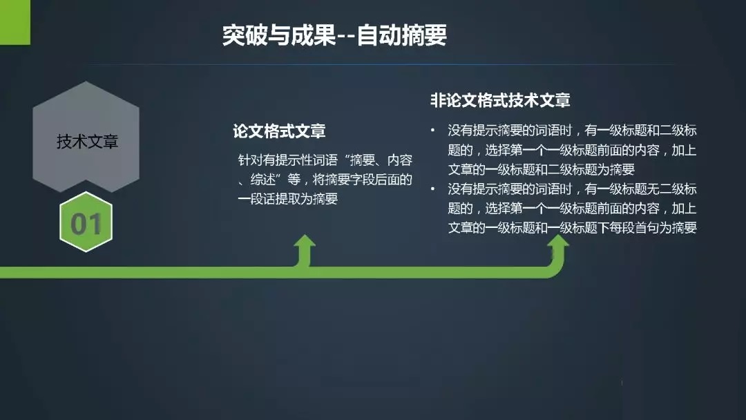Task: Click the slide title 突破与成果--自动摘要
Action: point(334,35)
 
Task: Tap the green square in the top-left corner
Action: point(15,22)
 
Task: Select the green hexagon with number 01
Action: point(86,222)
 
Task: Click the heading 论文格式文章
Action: point(279,131)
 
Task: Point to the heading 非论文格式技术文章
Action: point(500,100)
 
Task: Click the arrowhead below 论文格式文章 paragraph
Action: point(305,242)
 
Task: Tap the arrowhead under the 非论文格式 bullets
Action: point(557,242)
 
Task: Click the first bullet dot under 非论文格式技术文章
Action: point(432,129)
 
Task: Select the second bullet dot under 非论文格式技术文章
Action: point(432,189)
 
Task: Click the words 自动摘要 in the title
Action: point(402,35)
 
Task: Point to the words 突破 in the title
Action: point(245,35)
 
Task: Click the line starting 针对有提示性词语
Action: point(325,160)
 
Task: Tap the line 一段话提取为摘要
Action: point(288,199)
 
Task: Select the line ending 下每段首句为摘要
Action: point(573,228)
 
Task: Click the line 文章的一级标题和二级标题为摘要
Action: point(542,169)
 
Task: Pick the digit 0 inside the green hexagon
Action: point(79,224)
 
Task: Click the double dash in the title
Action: point(346,36)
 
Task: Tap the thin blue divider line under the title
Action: point(381,64)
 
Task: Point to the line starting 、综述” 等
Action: point(325,180)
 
